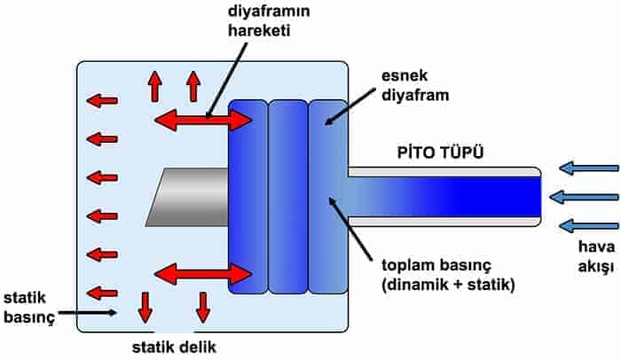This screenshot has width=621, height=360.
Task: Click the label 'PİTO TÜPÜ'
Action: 440,153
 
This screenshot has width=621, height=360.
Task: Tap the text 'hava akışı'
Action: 596,256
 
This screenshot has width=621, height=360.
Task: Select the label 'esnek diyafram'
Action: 415,85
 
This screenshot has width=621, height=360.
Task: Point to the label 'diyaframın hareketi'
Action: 269,20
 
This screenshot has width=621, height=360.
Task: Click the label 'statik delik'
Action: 174,348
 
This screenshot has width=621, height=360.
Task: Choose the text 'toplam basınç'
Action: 436,265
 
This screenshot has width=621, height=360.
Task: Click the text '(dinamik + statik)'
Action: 448,285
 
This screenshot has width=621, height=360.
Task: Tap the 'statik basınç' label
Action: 29,308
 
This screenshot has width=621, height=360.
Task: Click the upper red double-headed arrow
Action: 203,120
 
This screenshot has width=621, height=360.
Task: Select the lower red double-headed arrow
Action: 203,274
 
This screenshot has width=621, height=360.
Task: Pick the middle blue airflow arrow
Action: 584,197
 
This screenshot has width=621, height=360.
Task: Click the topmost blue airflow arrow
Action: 589,168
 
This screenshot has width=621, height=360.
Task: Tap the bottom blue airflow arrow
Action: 589,226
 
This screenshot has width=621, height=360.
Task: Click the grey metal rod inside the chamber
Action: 187,197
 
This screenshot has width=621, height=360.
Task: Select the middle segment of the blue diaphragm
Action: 288,197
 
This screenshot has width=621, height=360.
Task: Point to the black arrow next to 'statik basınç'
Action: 88,312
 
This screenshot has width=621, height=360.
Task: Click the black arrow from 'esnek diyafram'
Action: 350,106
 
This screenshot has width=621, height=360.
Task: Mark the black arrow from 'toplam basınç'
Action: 350,229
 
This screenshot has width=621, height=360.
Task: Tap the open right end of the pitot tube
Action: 540,197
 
